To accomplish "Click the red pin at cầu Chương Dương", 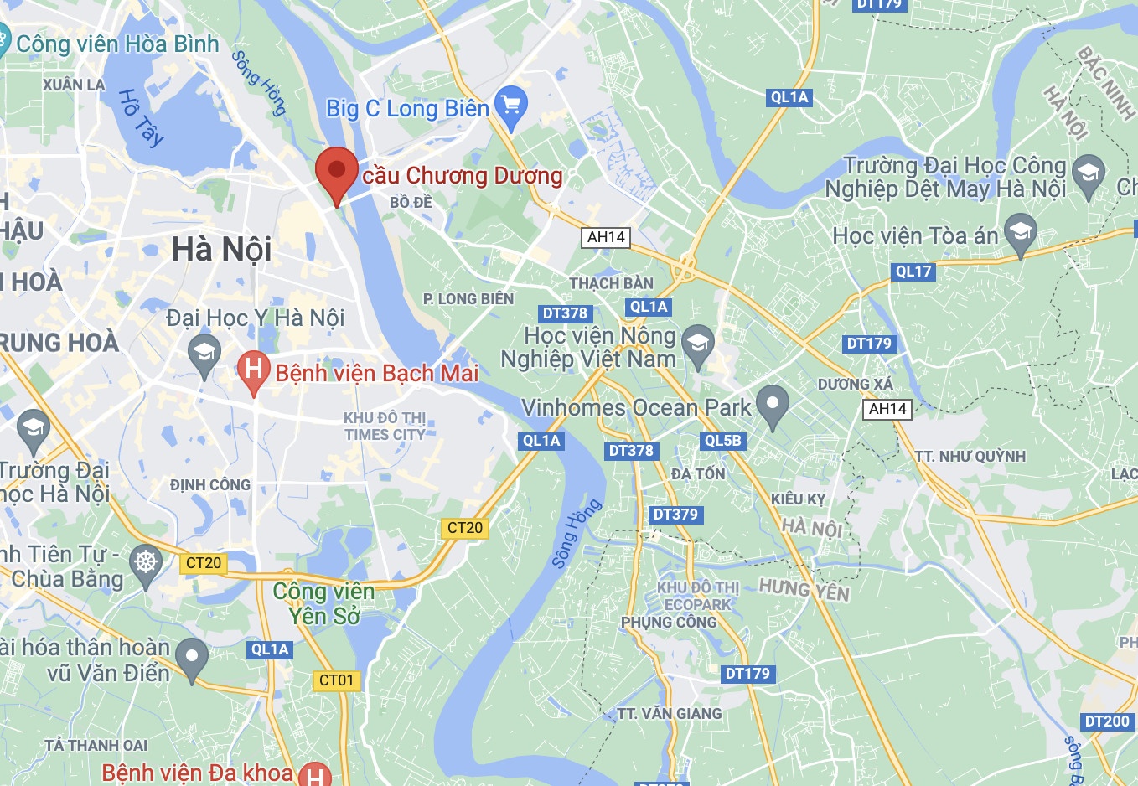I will pos(337,170).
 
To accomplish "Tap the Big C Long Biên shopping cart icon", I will pos(511,106).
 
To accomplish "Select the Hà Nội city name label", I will pos(221,249).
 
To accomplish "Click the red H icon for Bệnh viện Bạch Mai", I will pos(253,370).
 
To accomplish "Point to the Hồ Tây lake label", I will pos(140,117).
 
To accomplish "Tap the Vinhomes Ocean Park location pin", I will pos(772,404).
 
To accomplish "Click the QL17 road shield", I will pos(913,271).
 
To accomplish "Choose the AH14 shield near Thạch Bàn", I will pos(606,238).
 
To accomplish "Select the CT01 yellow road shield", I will pos(337,680).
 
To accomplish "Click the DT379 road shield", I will pos(675,515).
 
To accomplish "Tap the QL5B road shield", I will pos(722,441).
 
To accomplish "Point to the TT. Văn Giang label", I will pos(670,714).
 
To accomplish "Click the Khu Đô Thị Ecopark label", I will pos(697,596).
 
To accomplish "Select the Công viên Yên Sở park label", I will pos(324,603).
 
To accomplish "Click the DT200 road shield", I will pos(1107,721).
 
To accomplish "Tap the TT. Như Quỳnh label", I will pos(970,457).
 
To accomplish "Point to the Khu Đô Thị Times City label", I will pos(385,426).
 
